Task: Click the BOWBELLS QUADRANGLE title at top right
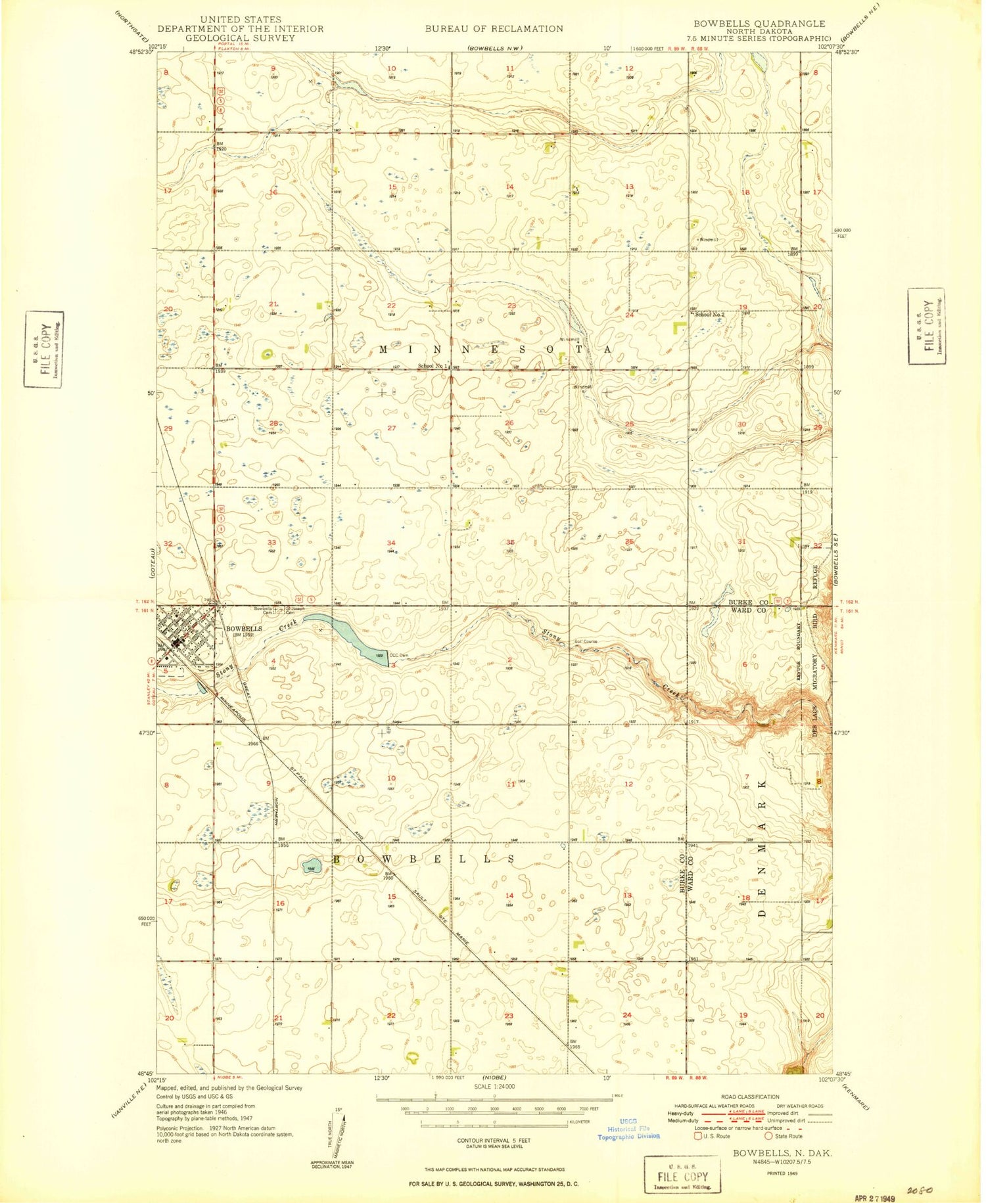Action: pos(759,24)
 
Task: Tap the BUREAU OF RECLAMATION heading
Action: pos(494,29)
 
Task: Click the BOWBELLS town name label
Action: pos(244,629)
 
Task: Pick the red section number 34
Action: pos(391,543)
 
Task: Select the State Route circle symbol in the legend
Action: pos(768,1136)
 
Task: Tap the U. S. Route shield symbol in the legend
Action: pos(697,1136)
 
